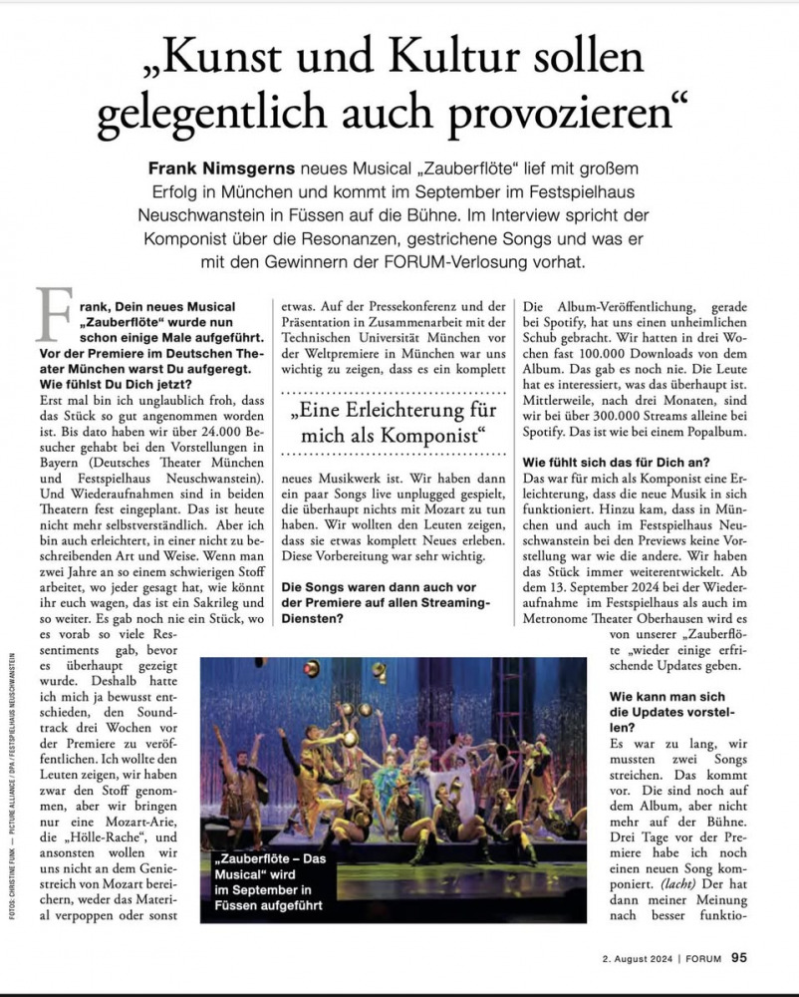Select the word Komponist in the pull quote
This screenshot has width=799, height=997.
419,436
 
